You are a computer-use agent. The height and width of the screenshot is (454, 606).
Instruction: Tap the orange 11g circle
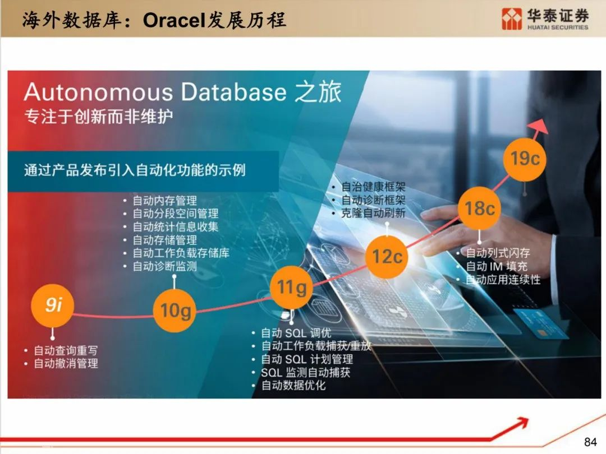coord(291,287)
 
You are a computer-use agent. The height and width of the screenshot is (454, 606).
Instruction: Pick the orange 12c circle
coord(387,257)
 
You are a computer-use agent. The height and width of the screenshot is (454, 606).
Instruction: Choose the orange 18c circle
coord(480,209)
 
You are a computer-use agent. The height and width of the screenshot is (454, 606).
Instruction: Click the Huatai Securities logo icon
coord(512,19)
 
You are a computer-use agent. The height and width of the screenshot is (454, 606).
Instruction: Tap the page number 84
coord(590,442)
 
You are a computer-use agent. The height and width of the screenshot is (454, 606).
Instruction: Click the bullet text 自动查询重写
coord(66,350)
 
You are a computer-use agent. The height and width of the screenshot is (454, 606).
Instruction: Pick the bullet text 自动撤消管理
coord(66,363)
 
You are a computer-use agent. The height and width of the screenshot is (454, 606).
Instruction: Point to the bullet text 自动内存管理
coord(164,200)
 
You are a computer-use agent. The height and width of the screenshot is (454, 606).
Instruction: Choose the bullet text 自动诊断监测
coord(164,266)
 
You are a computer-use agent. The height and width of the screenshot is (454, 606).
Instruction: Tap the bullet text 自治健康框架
coord(373,187)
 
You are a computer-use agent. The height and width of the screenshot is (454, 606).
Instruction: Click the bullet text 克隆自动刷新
coord(373,213)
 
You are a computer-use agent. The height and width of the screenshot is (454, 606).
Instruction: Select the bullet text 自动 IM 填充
coord(497,266)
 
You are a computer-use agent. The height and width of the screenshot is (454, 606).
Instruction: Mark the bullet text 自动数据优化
coord(293,385)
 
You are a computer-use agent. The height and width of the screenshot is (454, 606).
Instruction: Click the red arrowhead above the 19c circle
coord(539,126)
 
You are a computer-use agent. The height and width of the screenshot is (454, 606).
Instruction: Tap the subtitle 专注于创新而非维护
coord(99,117)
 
